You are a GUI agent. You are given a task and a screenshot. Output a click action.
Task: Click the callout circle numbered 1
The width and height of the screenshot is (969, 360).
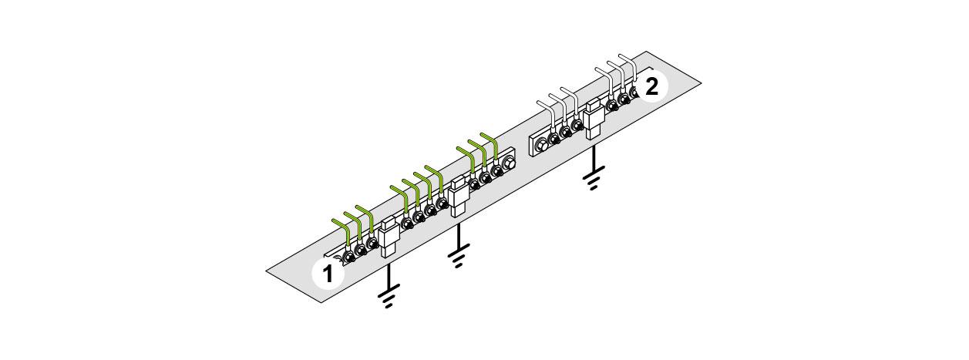[x=328, y=274]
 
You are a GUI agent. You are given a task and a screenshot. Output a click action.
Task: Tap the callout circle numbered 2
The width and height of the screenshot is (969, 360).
[x=651, y=86]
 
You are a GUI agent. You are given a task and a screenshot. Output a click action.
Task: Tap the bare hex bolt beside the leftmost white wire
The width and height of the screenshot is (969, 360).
[x=542, y=143]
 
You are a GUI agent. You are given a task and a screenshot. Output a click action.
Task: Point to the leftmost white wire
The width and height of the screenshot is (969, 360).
[x=550, y=116]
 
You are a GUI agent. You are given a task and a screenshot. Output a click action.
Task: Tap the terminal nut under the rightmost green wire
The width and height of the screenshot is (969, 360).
[x=497, y=170]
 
